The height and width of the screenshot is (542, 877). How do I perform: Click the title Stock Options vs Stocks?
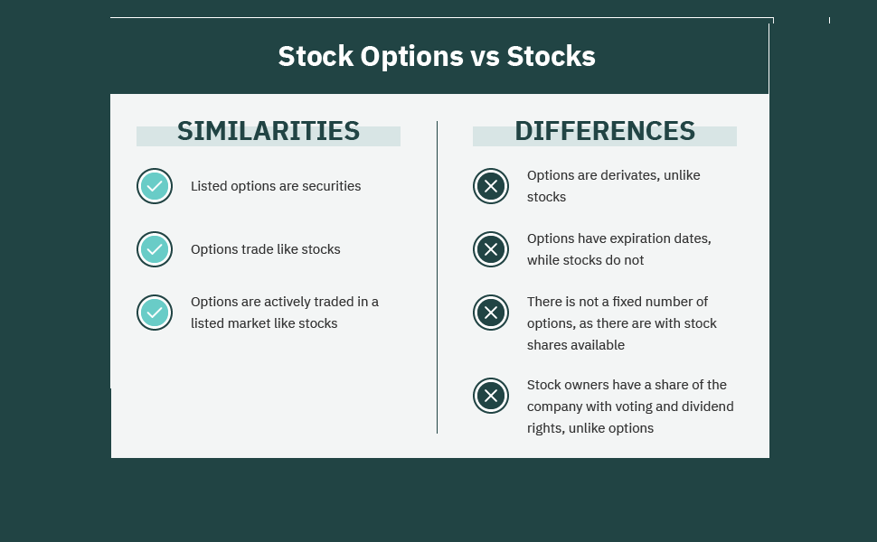point(437,56)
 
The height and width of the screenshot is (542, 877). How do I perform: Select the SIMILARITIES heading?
point(269,131)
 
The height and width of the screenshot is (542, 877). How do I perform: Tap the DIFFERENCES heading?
point(605,131)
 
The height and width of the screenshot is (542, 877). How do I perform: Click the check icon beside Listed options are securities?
point(155,186)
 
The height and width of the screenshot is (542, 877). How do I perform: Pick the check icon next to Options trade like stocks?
point(155,249)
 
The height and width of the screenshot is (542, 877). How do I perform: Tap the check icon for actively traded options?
point(155,313)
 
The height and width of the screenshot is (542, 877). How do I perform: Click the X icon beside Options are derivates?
point(491,186)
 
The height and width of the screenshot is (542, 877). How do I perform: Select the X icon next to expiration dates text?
point(491,249)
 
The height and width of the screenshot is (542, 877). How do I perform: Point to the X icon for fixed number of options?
point(491,313)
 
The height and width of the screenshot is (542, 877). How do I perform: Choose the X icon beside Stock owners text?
point(491,396)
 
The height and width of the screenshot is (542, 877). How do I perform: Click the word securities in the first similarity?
point(331,186)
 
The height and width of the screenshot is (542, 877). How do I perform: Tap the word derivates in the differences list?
point(630,175)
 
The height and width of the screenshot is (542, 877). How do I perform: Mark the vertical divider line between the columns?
point(437,277)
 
